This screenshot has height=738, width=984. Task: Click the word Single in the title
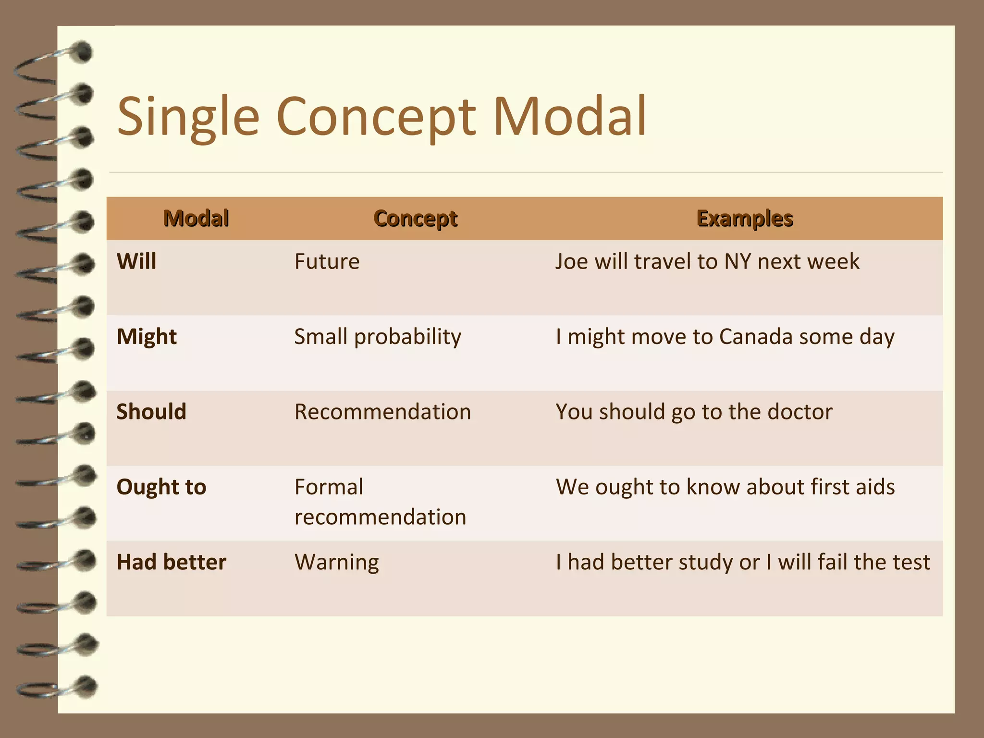click(x=188, y=117)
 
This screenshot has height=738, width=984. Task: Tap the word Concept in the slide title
click(x=376, y=117)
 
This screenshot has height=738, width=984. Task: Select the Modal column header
click(x=196, y=219)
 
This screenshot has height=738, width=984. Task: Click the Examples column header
click(x=744, y=219)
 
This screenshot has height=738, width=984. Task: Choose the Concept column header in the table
click(x=415, y=219)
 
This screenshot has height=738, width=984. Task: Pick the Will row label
click(x=136, y=262)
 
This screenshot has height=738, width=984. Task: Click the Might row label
click(x=147, y=337)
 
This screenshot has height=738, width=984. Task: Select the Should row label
click(x=151, y=412)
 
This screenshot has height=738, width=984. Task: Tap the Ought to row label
click(x=161, y=487)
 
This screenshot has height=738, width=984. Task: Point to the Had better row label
click(x=171, y=562)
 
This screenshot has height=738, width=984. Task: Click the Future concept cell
click(x=327, y=262)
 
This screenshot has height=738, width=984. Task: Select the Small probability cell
click(x=378, y=337)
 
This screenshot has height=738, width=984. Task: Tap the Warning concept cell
click(x=336, y=562)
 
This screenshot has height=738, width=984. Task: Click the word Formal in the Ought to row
click(x=329, y=487)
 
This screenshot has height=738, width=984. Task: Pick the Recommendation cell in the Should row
click(x=382, y=412)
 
